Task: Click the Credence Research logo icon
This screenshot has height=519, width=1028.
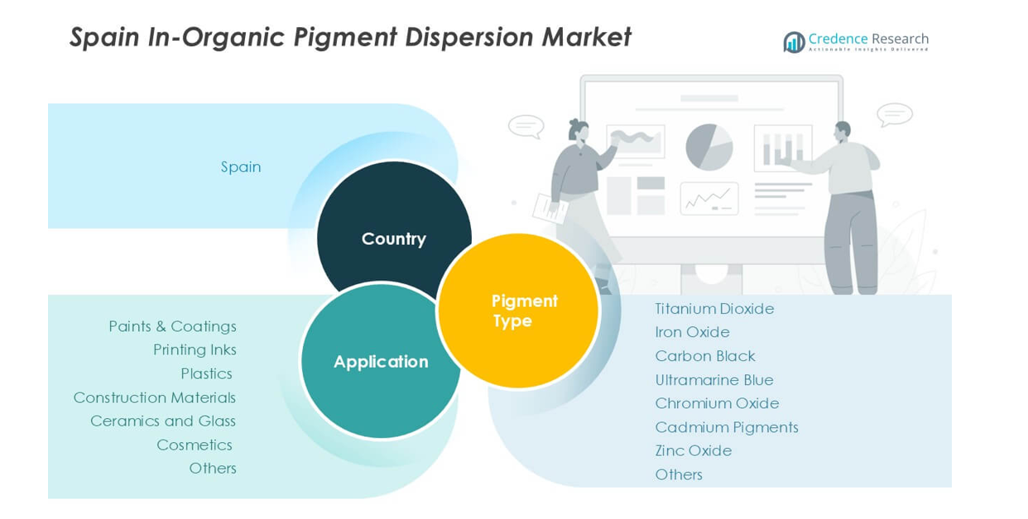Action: pyautogui.click(x=794, y=42)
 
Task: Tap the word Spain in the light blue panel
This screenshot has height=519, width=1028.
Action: pyautogui.click(x=241, y=167)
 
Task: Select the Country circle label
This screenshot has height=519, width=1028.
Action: pyautogui.click(x=394, y=239)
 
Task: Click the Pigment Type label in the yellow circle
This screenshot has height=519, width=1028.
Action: pyautogui.click(x=525, y=310)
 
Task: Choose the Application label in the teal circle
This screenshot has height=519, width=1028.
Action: pyautogui.click(x=381, y=362)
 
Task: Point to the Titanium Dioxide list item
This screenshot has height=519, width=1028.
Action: pyautogui.click(x=714, y=309)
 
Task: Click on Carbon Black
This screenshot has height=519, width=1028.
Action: pyautogui.click(x=705, y=356)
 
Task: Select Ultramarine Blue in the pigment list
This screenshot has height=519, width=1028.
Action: pyautogui.click(x=714, y=380)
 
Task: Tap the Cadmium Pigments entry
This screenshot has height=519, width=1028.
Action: pyautogui.click(x=727, y=427)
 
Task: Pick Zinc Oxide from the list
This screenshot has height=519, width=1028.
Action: pyautogui.click(x=694, y=450)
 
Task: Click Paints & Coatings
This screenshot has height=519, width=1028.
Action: pyautogui.click(x=172, y=326)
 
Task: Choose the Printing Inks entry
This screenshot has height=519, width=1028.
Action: pyautogui.click(x=195, y=350)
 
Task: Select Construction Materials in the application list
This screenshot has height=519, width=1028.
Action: pyautogui.click(x=155, y=397)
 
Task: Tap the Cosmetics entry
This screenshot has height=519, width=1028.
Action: pyautogui.click(x=195, y=445)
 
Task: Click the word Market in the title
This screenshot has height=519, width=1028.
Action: pyautogui.click(x=587, y=36)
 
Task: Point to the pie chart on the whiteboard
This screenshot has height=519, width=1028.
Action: pyautogui.click(x=709, y=147)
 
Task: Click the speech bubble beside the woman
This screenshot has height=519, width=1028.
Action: pyautogui.click(x=526, y=126)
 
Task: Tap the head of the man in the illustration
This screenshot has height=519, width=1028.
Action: pyautogui.click(x=843, y=132)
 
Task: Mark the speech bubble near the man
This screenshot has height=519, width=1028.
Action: pyautogui.click(x=895, y=115)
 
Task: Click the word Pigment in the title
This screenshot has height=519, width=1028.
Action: pyautogui.click(x=345, y=37)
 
